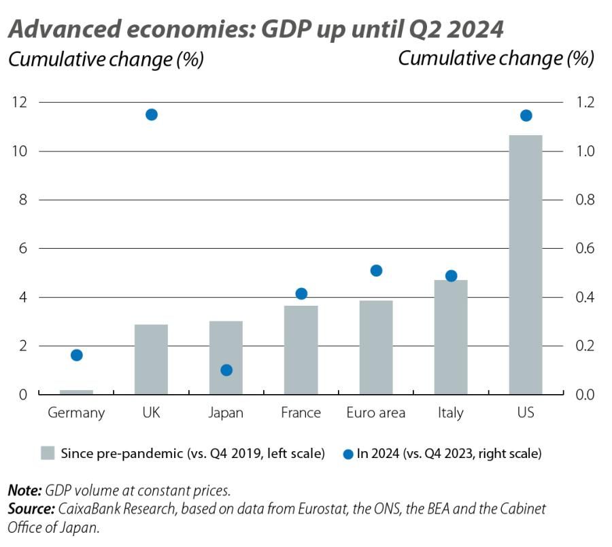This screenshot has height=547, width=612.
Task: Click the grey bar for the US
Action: [525, 264]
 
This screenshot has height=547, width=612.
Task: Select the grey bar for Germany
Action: [76, 392]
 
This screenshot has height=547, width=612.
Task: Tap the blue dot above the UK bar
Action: [152, 114]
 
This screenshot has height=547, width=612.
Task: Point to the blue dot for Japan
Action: [226, 370]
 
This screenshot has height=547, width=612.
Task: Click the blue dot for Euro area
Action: [376, 270]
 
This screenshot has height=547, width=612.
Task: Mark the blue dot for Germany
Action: [77, 355]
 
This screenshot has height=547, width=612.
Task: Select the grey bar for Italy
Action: [450, 337]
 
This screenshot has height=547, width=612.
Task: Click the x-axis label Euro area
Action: [375, 413]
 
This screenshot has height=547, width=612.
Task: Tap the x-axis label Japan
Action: [226, 413]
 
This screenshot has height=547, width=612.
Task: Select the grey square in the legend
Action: [48, 453]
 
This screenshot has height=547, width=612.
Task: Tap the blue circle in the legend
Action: [348, 453]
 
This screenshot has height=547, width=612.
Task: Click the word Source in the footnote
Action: [31, 508]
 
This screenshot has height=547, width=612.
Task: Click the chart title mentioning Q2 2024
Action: [256, 29]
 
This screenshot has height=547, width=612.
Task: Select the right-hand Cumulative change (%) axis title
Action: [496, 58]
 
